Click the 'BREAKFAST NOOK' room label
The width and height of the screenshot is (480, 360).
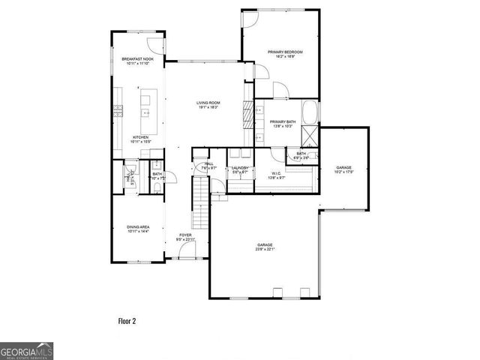tap(133, 58)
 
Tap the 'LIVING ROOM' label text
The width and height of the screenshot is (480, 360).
tap(208, 103)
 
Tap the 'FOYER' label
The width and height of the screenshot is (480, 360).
tap(185, 235)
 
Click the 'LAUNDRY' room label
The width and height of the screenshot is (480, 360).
tap(240, 168)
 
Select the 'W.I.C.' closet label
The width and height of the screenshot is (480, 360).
tap(276, 174)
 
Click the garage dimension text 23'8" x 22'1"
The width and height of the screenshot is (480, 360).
tap(265, 249)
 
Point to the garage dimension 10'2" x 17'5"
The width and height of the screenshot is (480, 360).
tap(343, 172)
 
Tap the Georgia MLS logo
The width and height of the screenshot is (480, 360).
tap(26, 351)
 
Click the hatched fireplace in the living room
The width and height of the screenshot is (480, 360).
tap(246, 117)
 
